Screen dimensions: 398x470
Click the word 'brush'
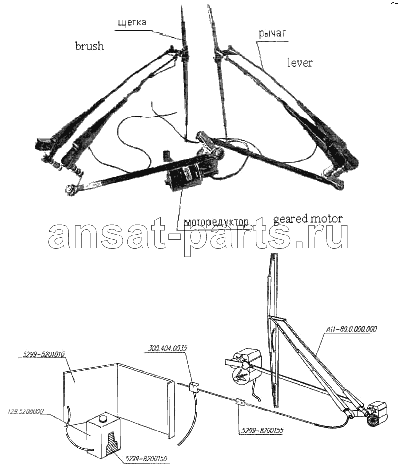point(89,46)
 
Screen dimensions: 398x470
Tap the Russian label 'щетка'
point(132,22)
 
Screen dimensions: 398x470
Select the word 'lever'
point(300,62)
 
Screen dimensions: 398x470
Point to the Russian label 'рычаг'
point(272,34)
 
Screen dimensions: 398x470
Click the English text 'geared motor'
point(308,219)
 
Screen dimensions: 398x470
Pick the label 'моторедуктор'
point(216,222)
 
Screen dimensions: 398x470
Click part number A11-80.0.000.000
point(351,329)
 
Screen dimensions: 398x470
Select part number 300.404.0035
point(168,348)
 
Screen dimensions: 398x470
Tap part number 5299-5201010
point(44,355)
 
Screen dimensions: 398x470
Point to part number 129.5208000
point(25,411)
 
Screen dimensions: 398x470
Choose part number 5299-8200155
point(263,431)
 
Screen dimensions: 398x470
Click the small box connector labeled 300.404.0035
point(194,387)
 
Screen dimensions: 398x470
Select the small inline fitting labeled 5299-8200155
point(241,402)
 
